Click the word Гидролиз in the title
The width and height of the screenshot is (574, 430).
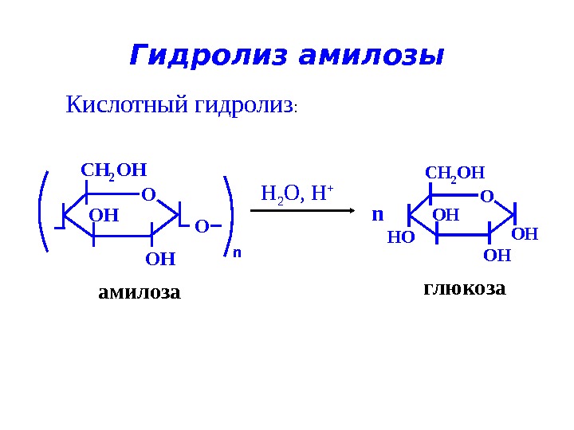coord(207,57)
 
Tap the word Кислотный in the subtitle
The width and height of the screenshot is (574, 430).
coord(127,104)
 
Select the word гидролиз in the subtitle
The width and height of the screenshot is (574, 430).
coord(243,105)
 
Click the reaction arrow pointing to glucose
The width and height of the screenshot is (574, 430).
coord(303,211)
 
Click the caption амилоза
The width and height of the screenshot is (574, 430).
coord(140,293)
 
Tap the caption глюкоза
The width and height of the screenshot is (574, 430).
coord(464,288)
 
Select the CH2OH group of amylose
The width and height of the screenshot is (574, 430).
coord(115,170)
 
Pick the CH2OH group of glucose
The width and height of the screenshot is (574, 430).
coord(454,174)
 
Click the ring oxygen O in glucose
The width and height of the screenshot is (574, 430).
coord(486,196)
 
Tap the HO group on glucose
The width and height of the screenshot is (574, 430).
coord(401,236)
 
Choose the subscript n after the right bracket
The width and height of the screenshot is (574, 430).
coord(237,252)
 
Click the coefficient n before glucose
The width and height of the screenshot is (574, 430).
coord(378,215)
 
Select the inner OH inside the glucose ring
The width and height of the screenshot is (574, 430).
coord(446,215)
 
